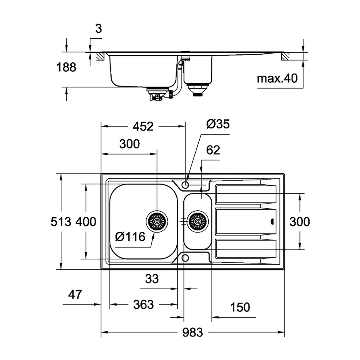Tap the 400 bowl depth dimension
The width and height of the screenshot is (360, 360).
pyautogui.click(x=86, y=221)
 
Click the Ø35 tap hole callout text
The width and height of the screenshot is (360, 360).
pyautogui.click(x=218, y=124)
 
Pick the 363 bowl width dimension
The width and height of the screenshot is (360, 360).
pyautogui.click(x=143, y=305)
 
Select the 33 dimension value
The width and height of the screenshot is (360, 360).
pyautogui.click(x=152, y=279)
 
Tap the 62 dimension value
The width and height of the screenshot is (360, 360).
pyautogui.click(x=213, y=150)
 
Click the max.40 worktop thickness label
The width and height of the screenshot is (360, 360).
pyautogui.click(x=277, y=78)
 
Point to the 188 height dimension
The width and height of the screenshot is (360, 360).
pyautogui.click(x=66, y=68)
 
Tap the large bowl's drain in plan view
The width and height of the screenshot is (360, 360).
pyautogui.click(x=156, y=220)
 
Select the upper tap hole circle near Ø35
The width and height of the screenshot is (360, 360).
pyautogui.click(x=186, y=185)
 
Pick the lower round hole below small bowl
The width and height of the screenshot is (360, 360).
pyautogui.click(x=185, y=258)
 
